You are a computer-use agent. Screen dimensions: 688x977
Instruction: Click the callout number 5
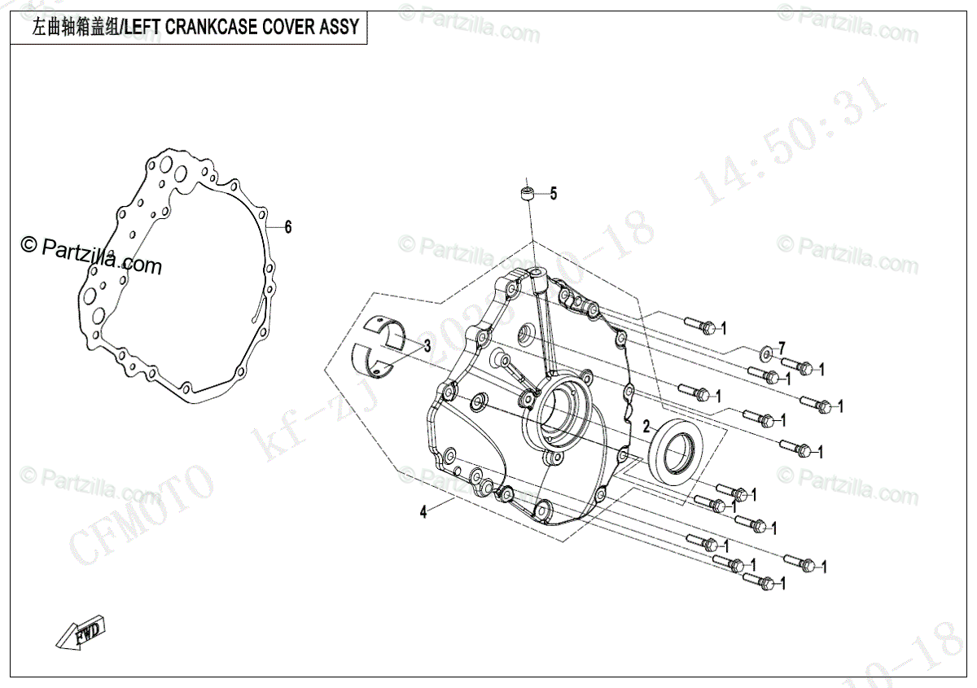[x=553, y=194]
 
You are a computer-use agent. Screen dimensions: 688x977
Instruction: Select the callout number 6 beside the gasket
[x=287, y=228]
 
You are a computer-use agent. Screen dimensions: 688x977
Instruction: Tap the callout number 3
[x=427, y=345]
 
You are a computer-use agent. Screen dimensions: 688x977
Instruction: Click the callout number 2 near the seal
[x=646, y=426]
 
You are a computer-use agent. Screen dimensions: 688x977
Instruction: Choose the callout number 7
[x=782, y=346]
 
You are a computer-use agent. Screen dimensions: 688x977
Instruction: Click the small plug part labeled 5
[x=528, y=195]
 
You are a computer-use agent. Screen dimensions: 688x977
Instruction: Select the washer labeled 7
[x=766, y=354]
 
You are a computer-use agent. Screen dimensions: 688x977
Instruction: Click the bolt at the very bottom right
[x=758, y=582]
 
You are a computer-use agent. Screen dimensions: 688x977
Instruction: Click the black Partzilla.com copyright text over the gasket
[x=92, y=255]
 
